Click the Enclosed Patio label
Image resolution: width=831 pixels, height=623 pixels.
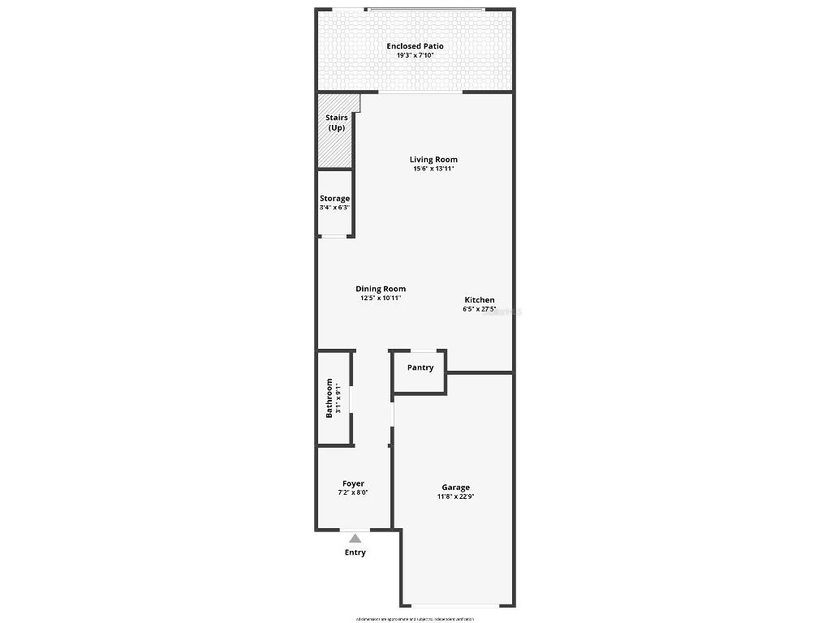415,46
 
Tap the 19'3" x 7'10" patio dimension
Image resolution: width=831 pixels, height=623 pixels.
415,56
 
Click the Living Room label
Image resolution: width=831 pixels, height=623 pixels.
433,160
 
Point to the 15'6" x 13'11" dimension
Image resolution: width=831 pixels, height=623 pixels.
433,170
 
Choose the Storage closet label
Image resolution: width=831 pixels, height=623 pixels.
334,198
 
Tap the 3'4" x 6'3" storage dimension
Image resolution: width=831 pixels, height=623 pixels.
334,208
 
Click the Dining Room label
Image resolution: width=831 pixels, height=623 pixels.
381,289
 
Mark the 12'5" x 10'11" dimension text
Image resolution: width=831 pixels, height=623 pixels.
381,299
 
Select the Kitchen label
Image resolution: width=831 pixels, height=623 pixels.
479,300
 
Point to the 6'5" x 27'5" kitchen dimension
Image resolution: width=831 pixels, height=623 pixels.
479,309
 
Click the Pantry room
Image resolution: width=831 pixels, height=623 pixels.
420,368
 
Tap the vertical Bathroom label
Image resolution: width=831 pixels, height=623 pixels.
329,397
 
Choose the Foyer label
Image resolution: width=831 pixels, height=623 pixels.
353,483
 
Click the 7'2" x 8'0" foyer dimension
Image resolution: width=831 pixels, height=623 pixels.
353,492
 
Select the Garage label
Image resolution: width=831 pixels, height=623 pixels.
455,488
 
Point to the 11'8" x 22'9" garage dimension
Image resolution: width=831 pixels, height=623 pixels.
455,496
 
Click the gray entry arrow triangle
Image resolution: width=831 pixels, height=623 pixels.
355,537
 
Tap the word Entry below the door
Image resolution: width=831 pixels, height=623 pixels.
355,552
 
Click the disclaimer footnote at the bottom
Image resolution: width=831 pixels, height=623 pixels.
415,619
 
